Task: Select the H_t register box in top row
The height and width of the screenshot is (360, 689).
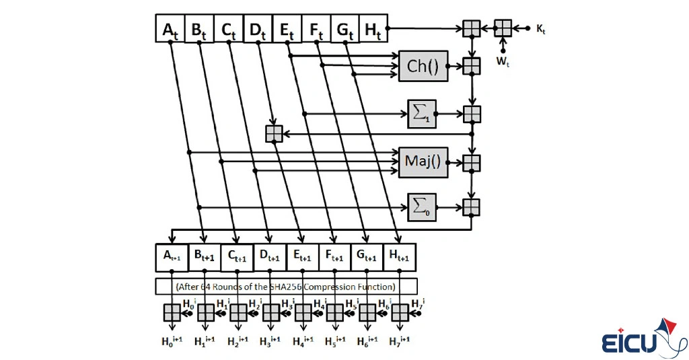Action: point(373,29)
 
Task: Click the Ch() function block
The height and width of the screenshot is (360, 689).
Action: point(423,66)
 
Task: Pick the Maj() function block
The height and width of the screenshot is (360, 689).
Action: point(423,162)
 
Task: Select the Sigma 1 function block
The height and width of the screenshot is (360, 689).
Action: point(422,114)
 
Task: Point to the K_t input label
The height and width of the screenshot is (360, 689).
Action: point(540,29)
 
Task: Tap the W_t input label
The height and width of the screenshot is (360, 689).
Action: point(503,61)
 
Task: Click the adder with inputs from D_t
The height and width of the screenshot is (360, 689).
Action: point(274,134)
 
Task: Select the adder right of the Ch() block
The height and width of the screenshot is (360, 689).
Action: point(472,66)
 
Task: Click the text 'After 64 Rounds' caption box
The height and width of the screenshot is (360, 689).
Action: point(286,286)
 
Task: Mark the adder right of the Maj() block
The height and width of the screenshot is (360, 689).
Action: point(472,162)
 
